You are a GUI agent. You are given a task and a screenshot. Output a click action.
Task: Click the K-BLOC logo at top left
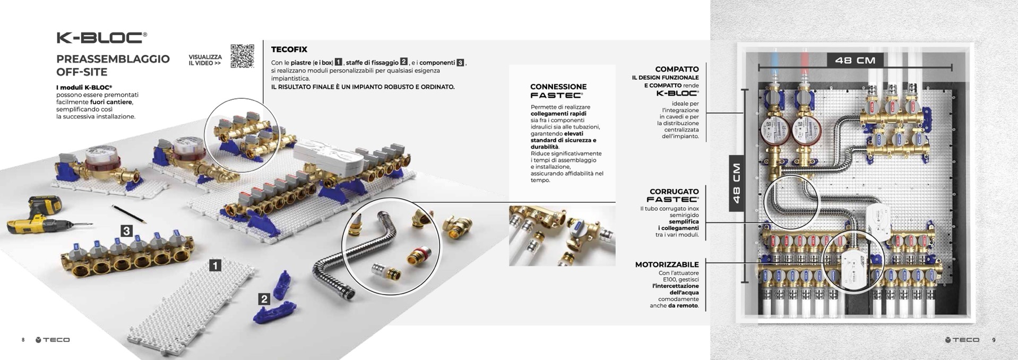101,37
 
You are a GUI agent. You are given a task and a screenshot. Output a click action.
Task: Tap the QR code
242,56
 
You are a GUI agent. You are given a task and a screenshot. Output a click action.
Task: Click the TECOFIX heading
289,49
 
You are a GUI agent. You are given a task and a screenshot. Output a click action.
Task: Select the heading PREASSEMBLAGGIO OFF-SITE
113,65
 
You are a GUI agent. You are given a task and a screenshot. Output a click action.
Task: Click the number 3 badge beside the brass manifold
126,231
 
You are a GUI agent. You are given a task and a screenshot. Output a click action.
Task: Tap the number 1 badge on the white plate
215,265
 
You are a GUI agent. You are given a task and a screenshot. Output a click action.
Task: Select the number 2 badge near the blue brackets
264,299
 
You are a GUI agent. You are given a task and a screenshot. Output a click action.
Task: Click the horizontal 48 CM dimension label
855,60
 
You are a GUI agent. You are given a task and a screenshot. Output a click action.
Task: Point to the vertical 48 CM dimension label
737,183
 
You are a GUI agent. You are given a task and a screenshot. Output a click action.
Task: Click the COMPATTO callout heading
677,69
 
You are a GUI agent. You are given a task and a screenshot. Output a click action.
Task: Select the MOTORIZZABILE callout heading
667,264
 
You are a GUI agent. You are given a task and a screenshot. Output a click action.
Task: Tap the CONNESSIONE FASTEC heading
558,91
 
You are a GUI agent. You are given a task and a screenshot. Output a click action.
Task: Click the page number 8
23,340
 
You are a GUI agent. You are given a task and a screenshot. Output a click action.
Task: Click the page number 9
994,340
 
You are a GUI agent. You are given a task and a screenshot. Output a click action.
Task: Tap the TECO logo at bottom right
962,340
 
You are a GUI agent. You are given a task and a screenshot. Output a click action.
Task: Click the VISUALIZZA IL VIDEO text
205,59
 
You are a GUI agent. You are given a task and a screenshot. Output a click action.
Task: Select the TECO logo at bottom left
53,340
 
